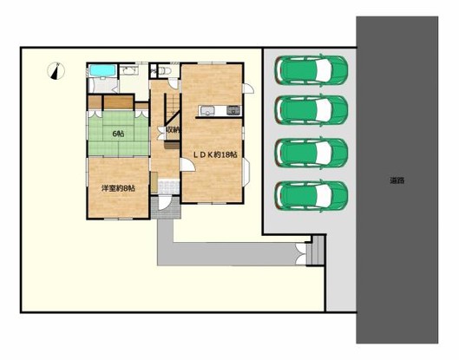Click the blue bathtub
pyautogui.click(x=102, y=70)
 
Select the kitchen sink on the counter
pyautogui.click(x=207, y=111)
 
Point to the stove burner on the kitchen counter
pyautogui.click(x=233, y=111)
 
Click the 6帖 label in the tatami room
pyautogui.click(x=118, y=134)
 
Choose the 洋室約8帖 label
pyautogui.click(x=118, y=188)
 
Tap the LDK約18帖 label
pyautogui.click(x=215, y=154)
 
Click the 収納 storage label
pyautogui.click(x=172, y=129)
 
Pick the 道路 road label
pyautogui.click(x=397, y=180)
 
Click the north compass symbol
pyautogui.click(x=56, y=71)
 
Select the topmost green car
pyautogui.click(x=311, y=70)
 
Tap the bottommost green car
pyautogui.click(x=311, y=196)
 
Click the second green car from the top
pyautogui.click(x=311, y=110)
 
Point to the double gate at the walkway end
pyautogui.click(x=301, y=254)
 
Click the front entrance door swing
pyautogui.click(x=164, y=203)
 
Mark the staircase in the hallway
pyautogui.click(x=172, y=109)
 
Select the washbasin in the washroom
pyautogui.click(x=129, y=70)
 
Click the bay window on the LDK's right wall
pyautogui.click(x=246, y=173)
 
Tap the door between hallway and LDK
pyautogui.click(x=187, y=165)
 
